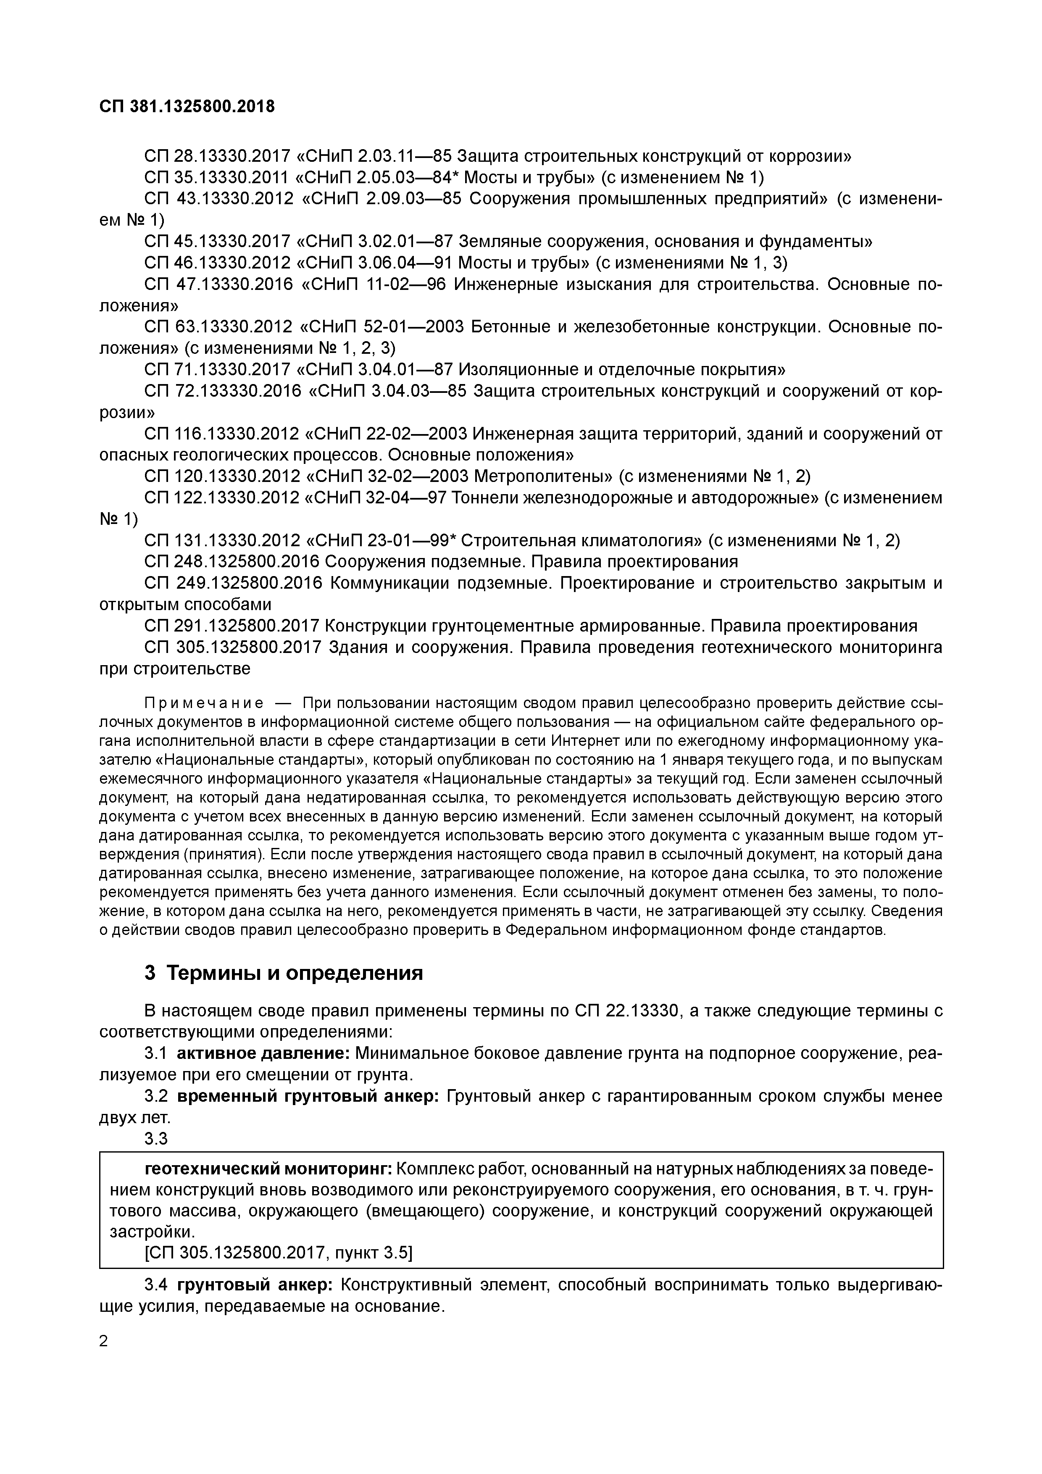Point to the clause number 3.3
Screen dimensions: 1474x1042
pos(156,1138)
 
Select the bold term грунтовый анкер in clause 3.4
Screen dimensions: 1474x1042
pos(254,1284)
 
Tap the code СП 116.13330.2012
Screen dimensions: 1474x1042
pos(222,434)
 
